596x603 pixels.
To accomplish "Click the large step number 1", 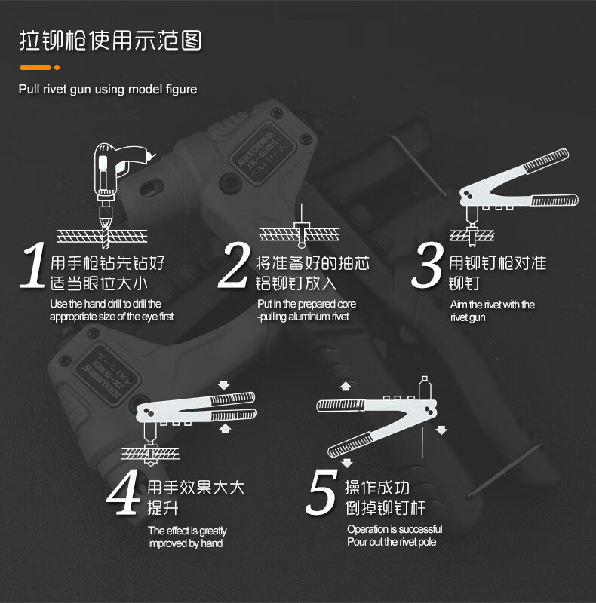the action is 34,265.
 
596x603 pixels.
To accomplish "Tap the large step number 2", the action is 234,265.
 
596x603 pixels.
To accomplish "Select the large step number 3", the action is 427,265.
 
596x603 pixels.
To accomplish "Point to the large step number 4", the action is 123,491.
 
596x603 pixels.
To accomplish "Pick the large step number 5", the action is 322,491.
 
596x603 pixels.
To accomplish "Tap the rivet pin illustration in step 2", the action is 302,227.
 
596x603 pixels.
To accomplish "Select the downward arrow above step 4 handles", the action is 223,385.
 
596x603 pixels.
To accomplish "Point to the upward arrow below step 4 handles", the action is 225,428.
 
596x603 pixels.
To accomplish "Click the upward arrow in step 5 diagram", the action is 346,387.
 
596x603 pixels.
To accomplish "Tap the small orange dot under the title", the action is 57,68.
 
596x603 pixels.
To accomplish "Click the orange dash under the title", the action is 35,68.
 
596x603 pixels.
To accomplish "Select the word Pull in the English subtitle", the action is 29,89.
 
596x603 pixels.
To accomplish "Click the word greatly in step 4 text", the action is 213,531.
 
